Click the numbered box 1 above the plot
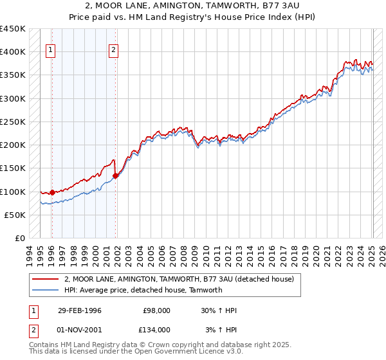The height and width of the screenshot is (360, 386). (51, 52)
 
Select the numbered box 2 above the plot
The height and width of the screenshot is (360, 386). (114, 52)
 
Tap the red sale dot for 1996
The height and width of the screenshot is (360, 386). (52, 192)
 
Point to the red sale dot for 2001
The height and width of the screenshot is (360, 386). (115, 175)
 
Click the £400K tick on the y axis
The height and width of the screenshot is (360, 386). (13, 52)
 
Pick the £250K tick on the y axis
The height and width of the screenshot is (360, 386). (13, 122)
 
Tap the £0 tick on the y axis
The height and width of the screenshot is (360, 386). (20, 238)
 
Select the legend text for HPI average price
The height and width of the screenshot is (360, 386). (143, 290)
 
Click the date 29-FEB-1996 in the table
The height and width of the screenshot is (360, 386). (79, 310)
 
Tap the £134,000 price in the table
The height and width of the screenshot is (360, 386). (156, 330)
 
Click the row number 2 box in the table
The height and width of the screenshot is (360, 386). (33, 330)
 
